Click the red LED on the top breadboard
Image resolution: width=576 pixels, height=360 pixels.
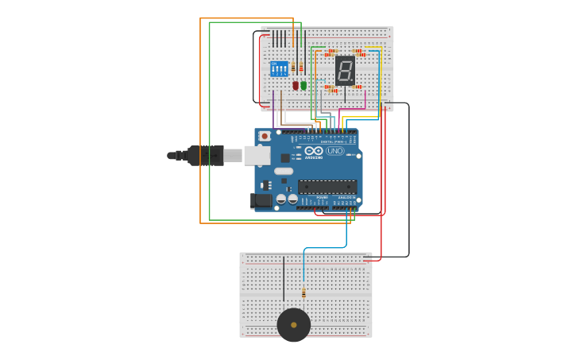click(x=296, y=85)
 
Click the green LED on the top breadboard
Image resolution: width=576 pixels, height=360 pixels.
click(x=303, y=85)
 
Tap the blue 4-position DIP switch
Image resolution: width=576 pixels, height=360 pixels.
click(x=279, y=69)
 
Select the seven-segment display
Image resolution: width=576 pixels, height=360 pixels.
click(x=345, y=71)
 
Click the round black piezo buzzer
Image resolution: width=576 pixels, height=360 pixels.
click(x=294, y=325)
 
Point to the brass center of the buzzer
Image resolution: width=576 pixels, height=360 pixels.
click(x=294, y=325)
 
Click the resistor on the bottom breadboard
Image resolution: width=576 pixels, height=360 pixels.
click(x=303, y=292)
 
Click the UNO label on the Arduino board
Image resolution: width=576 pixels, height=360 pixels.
click(x=335, y=151)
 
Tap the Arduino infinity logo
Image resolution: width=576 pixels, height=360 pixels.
click(x=314, y=150)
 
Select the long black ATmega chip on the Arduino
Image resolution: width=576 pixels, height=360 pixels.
click(x=327, y=187)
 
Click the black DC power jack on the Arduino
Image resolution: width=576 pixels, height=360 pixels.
click(x=261, y=201)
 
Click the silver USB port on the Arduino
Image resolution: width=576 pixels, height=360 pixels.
click(x=257, y=155)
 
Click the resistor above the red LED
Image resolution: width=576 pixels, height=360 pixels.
click(x=293, y=68)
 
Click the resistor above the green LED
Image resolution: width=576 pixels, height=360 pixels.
click(x=301, y=68)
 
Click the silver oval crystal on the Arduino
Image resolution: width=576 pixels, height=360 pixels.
click(x=284, y=171)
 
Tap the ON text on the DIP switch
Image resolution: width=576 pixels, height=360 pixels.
click(x=274, y=64)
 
